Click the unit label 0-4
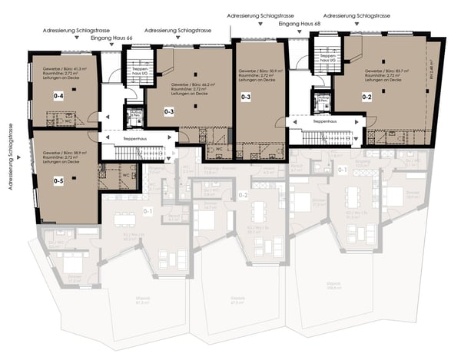58,96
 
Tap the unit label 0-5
58,181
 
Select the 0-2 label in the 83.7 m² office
366,97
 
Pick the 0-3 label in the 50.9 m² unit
246,97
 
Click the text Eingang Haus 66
111,36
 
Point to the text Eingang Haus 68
300,24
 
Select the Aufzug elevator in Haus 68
321,99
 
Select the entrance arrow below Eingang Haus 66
111,45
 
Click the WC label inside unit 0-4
69,121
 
